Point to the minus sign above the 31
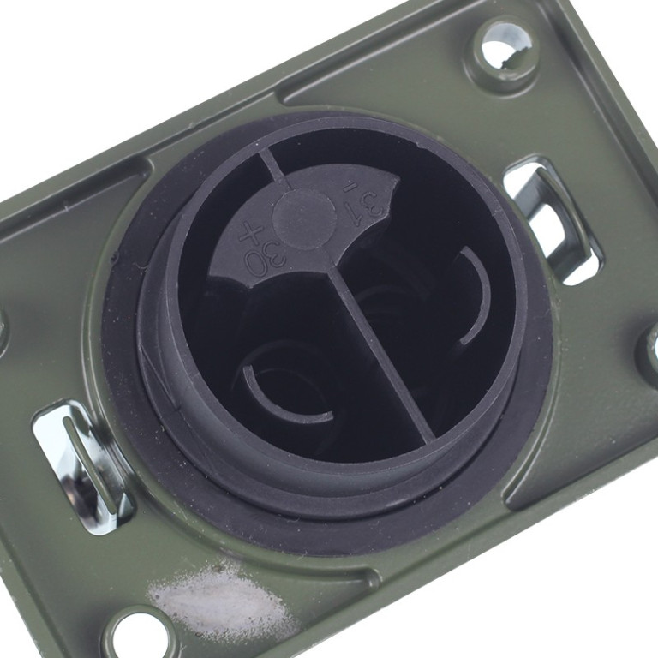[x=348, y=189]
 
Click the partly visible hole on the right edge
[x=652, y=350]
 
